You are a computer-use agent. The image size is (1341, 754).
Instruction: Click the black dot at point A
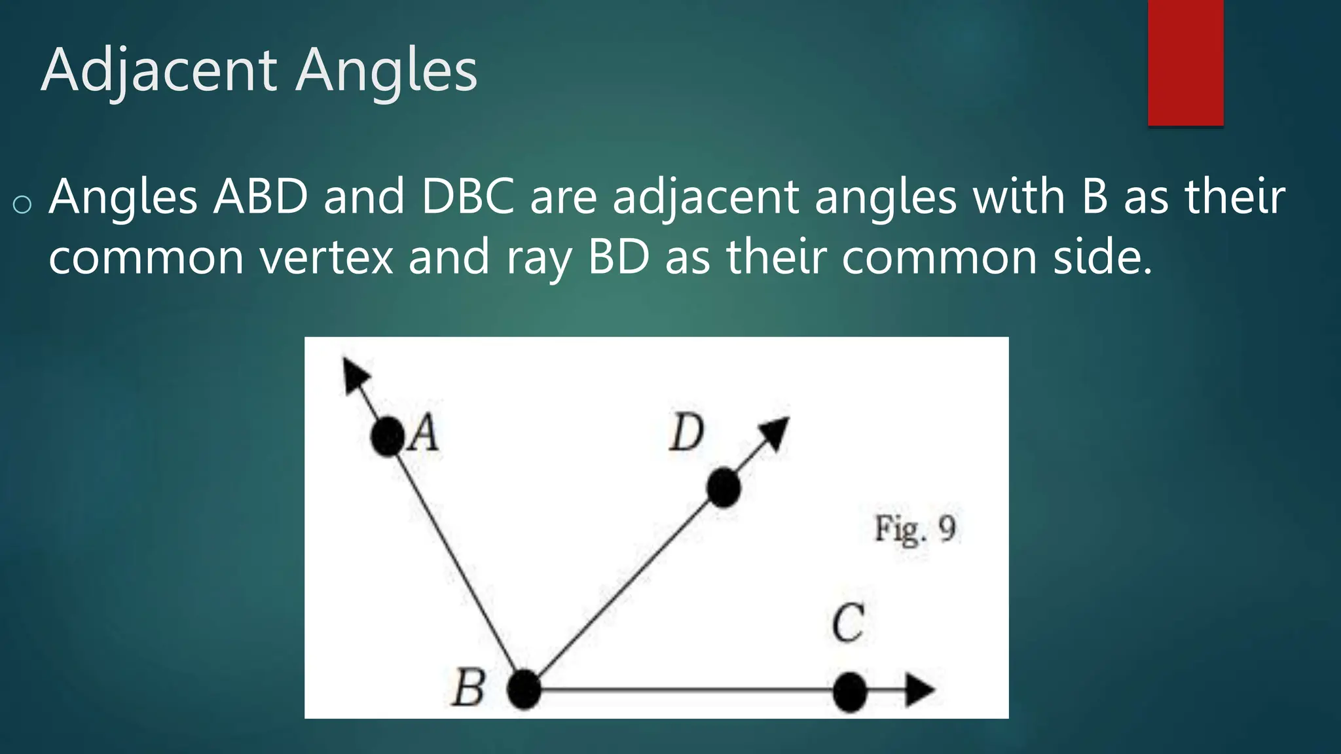tap(388, 437)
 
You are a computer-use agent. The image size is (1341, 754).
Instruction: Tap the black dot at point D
tap(724, 488)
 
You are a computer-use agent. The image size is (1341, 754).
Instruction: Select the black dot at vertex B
tap(524, 690)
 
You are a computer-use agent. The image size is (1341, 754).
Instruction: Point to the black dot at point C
tap(850, 692)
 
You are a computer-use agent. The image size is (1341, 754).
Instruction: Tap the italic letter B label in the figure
tap(469, 689)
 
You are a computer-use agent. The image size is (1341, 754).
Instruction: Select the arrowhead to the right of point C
tap(919, 691)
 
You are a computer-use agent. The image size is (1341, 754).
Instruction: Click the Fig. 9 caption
tap(915, 529)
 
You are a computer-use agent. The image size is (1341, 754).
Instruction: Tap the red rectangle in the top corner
tap(1185, 62)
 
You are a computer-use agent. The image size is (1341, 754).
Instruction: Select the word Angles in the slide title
tap(386, 71)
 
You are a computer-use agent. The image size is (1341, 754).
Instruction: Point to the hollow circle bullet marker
tap(22, 205)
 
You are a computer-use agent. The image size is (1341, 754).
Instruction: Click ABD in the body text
tap(261, 196)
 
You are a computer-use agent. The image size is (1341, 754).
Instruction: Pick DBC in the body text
tap(468, 196)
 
